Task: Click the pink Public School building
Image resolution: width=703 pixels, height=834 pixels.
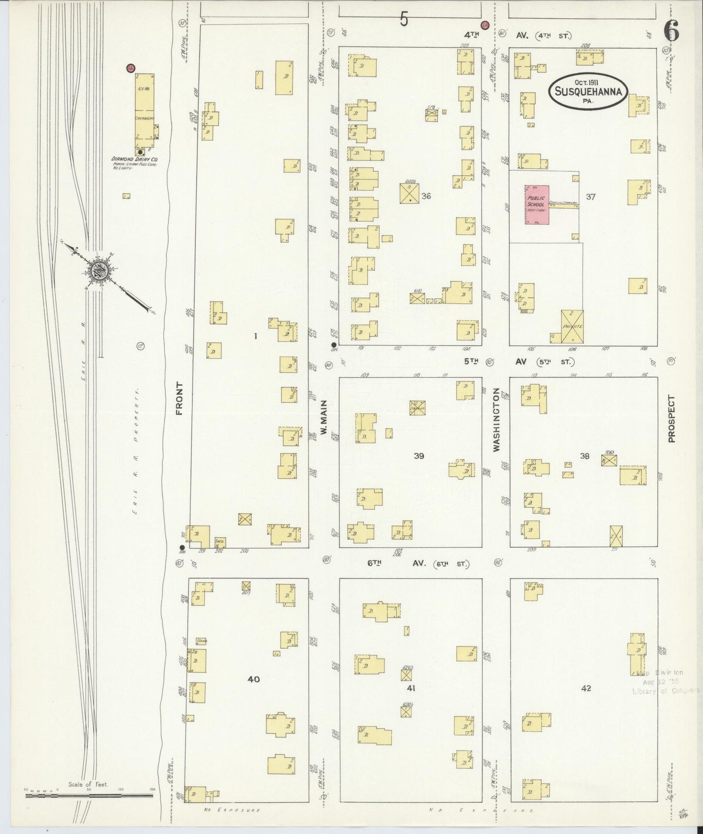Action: point(537,204)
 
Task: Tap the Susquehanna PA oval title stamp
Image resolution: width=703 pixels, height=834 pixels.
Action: point(589,91)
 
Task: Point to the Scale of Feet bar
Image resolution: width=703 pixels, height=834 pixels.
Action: point(89,796)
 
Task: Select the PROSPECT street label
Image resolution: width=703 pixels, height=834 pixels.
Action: point(671,418)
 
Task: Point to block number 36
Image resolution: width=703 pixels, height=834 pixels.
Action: point(426,196)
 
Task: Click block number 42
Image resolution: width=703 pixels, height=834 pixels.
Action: point(586,688)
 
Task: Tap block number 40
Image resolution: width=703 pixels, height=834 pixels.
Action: point(253,679)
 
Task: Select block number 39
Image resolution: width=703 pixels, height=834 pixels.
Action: point(419,456)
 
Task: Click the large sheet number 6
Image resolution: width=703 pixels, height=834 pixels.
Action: point(672,33)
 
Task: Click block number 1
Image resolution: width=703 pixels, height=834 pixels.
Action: point(255,336)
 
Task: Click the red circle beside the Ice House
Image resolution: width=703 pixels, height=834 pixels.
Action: point(130,69)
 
